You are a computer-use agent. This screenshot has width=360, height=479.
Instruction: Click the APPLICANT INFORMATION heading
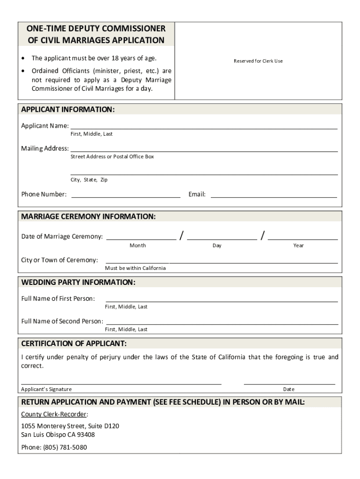point(68,109)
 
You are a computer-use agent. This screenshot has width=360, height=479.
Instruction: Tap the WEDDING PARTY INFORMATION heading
point(78,283)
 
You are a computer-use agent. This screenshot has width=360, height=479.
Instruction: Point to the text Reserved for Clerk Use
point(258,61)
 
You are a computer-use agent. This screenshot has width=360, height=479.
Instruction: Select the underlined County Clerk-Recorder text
point(55,414)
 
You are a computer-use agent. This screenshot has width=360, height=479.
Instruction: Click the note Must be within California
point(135,268)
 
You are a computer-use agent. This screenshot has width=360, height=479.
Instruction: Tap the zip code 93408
point(86,435)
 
